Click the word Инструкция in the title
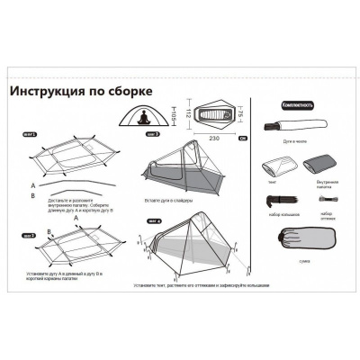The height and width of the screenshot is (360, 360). (47, 92)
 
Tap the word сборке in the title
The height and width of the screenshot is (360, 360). (130, 92)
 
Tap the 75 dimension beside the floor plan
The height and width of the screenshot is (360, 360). (244, 114)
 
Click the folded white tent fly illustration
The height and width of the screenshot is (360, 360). (278, 166)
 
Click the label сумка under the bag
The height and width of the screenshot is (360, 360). (315, 265)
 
